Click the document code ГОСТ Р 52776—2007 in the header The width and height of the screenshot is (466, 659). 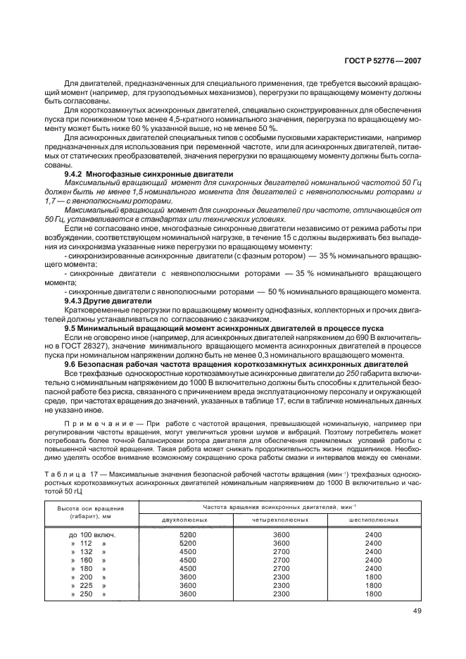tap(383, 61)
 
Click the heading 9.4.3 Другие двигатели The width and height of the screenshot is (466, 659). tap(103, 300)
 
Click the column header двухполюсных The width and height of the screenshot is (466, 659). tap(186, 520)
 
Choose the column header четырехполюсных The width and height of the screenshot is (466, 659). tap(281, 520)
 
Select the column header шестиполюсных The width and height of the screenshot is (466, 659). tap(373, 520)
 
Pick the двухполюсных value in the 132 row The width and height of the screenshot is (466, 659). tap(187, 551)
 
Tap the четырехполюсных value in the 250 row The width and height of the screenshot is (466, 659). tap(281, 594)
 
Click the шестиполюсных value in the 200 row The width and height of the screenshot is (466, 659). tap(373, 577)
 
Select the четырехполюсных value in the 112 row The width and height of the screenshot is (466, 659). tap(281, 543)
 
